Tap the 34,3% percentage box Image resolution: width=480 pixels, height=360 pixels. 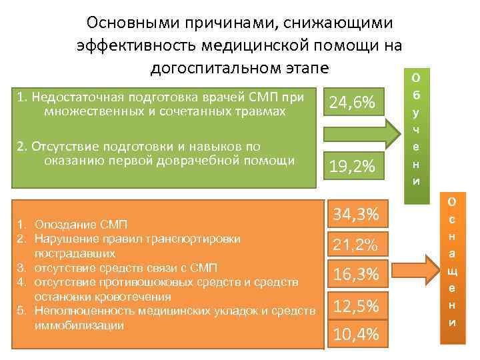[355, 215]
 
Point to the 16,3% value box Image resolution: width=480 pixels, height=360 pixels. [355, 274]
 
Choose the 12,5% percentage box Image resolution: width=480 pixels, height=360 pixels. [355, 306]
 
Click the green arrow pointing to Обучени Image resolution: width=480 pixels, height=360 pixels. [359, 133]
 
